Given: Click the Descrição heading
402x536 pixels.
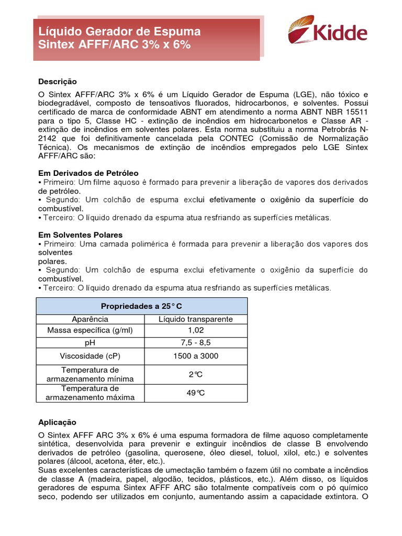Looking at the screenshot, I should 58,82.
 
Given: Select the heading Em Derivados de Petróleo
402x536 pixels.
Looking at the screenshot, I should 88,173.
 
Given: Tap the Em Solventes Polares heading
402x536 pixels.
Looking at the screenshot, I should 80,235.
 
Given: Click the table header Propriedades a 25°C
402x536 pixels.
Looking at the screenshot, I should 141,306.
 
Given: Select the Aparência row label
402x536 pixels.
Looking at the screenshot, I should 90,319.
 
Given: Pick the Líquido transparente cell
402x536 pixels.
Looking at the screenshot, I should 195,319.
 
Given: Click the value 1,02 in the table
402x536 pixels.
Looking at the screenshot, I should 195,330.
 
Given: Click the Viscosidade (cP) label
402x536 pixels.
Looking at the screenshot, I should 90,356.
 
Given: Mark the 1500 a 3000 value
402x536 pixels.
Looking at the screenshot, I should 195,356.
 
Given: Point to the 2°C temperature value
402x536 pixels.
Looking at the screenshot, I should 195,374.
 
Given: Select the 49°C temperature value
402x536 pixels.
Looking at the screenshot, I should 195,393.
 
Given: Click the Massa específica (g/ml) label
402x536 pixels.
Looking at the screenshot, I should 90,330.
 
